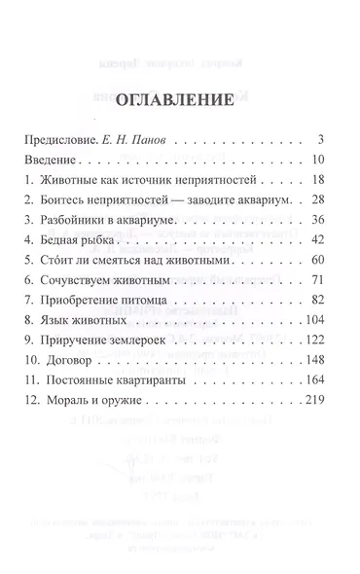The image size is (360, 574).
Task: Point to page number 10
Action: pos(331,160)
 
